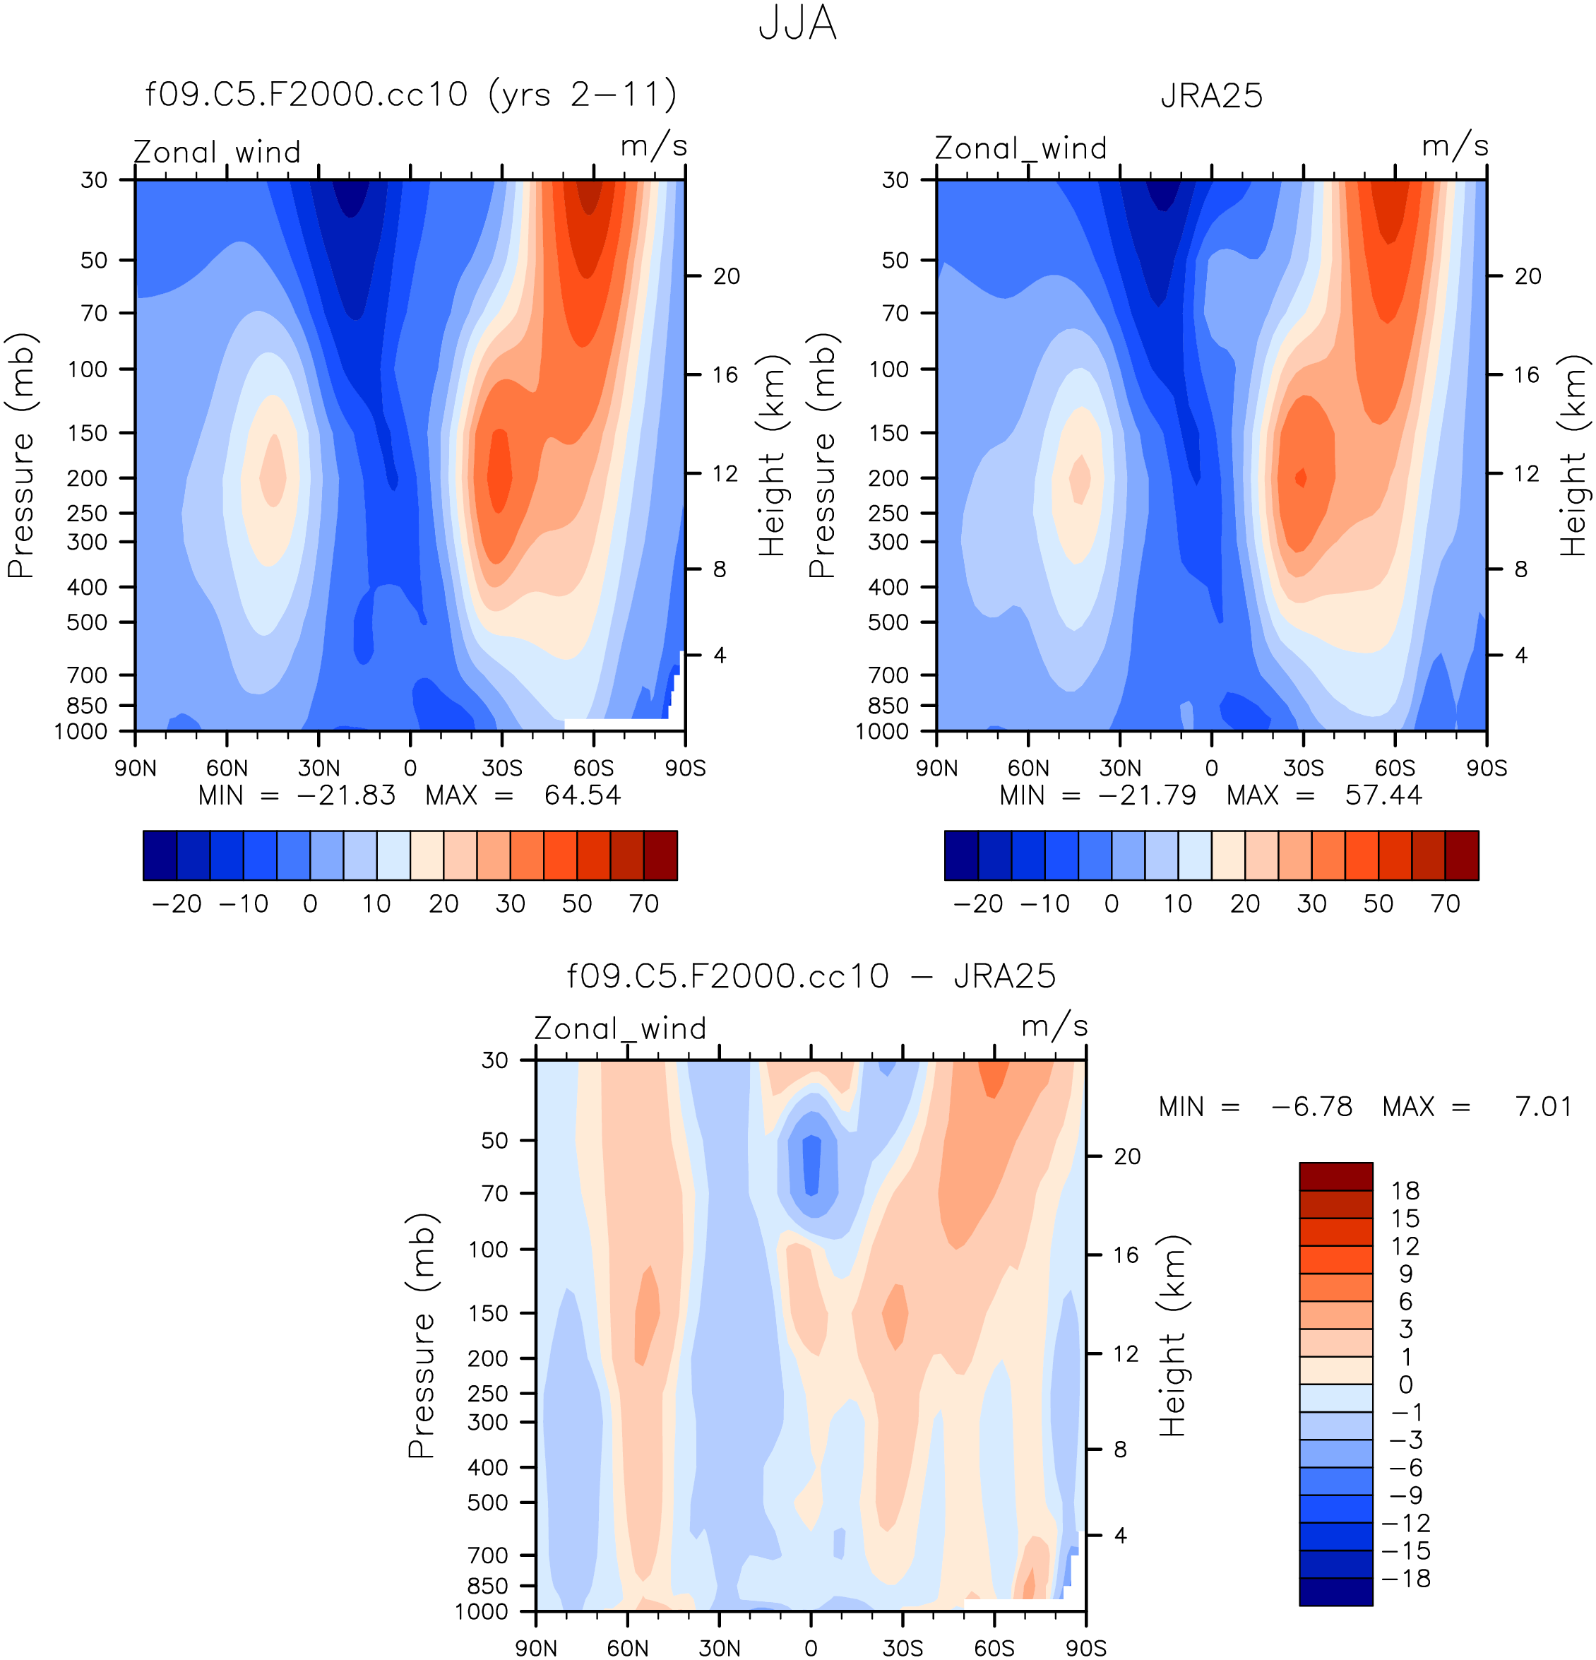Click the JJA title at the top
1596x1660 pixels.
pos(797,24)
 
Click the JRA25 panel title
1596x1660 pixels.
pos(1210,95)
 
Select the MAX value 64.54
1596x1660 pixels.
pos(583,795)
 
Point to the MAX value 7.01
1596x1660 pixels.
pos(1542,1106)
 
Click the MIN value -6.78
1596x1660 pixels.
pos(1311,1106)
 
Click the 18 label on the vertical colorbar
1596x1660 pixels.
pos(1405,1191)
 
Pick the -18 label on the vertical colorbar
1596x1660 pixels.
pos(1405,1578)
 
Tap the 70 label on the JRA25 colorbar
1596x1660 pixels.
pos(1446,903)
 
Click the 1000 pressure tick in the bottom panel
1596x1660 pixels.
pos(482,1611)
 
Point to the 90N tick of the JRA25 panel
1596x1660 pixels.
pos(936,768)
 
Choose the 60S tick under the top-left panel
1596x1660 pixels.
pos(592,768)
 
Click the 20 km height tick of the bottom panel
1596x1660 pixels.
pos(1126,1156)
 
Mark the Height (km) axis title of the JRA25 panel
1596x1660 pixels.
pos(1573,455)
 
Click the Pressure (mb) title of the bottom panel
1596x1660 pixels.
pos(421,1336)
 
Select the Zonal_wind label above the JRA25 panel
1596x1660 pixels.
pos(1020,148)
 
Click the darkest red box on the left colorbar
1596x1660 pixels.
pos(660,855)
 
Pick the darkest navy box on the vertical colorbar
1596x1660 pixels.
pos(1335,1591)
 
